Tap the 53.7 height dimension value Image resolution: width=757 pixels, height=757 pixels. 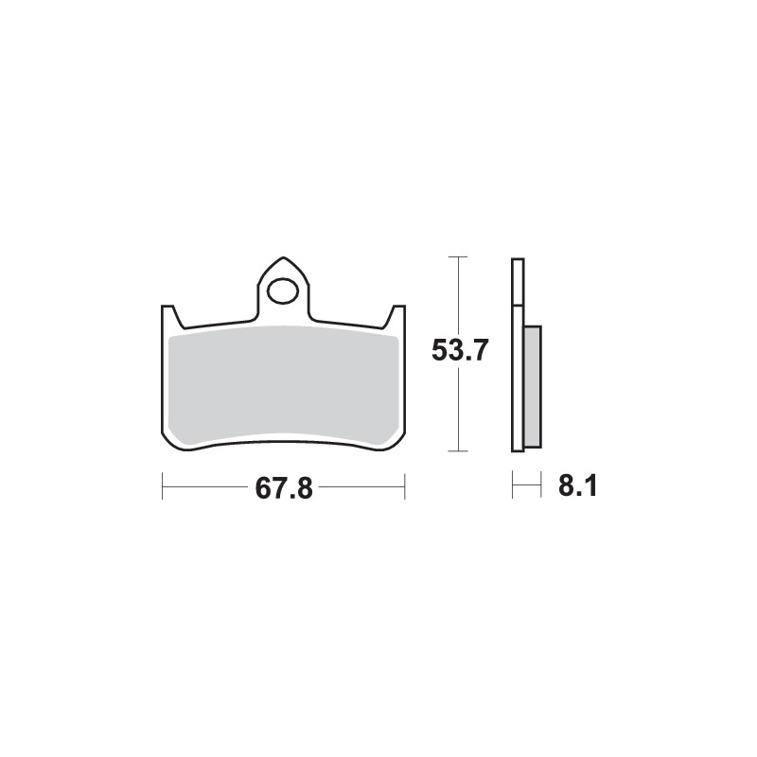click(x=459, y=352)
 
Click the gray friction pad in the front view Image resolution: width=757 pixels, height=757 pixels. click(x=284, y=383)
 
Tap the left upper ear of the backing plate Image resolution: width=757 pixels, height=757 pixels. click(x=169, y=314)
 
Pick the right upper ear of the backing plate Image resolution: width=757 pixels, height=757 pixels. click(x=399, y=314)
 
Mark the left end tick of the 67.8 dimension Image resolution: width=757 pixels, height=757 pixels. click(x=163, y=489)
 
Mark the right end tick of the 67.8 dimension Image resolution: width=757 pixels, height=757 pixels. click(x=405, y=489)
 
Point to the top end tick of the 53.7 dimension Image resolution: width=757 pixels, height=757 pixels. click(x=459, y=257)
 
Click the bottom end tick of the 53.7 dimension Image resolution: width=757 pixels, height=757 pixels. click(x=459, y=450)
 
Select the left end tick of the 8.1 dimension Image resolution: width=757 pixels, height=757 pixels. click(x=513, y=489)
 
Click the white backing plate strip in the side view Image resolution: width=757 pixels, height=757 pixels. click(x=517, y=397)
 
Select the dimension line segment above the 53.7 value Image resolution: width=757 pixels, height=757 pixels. click(x=459, y=293)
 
